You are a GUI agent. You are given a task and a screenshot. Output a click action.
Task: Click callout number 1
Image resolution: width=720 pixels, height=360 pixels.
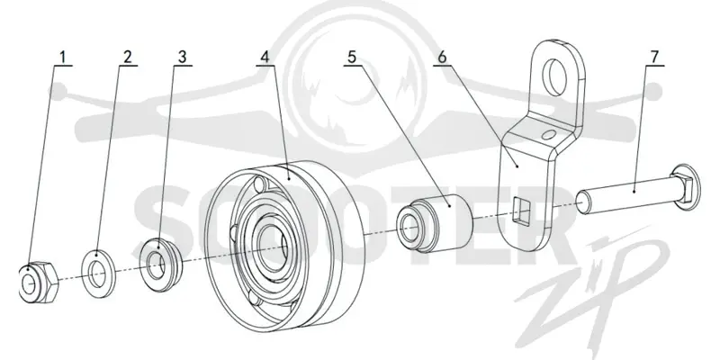click(x=63, y=57)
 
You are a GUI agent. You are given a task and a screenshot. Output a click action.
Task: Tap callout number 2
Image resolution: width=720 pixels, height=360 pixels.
click(x=127, y=57)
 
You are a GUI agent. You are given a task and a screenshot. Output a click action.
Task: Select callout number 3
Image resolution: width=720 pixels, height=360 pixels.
click(x=183, y=57)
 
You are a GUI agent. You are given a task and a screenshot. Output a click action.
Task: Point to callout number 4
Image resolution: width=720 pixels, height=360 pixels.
click(x=265, y=57)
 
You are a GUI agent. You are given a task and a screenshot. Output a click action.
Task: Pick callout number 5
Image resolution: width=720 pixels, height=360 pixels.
click(x=352, y=57)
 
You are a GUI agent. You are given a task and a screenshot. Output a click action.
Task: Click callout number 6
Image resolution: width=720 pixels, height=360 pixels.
click(x=442, y=57)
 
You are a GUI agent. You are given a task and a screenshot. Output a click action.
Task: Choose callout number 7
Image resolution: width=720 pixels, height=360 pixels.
click(x=654, y=57)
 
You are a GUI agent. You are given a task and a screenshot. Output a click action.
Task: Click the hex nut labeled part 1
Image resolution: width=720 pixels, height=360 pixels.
click(x=39, y=282)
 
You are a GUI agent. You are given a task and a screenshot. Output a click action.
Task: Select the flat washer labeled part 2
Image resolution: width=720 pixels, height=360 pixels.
click(x=98, y=274)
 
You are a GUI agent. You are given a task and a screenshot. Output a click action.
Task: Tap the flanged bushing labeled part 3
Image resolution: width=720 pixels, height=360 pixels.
click(x=160, y=265)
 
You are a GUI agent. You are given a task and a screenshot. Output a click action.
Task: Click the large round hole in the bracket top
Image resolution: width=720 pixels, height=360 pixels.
click(x=554, y=76)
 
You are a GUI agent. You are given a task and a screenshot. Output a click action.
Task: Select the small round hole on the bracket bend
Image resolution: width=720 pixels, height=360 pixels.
click(x=548, y=134)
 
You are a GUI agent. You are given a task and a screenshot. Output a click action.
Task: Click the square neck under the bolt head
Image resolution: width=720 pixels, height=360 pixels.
click(x=678, y=185)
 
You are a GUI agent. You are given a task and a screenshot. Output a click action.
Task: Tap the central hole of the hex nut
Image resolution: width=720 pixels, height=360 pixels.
click(x=29, y=285)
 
